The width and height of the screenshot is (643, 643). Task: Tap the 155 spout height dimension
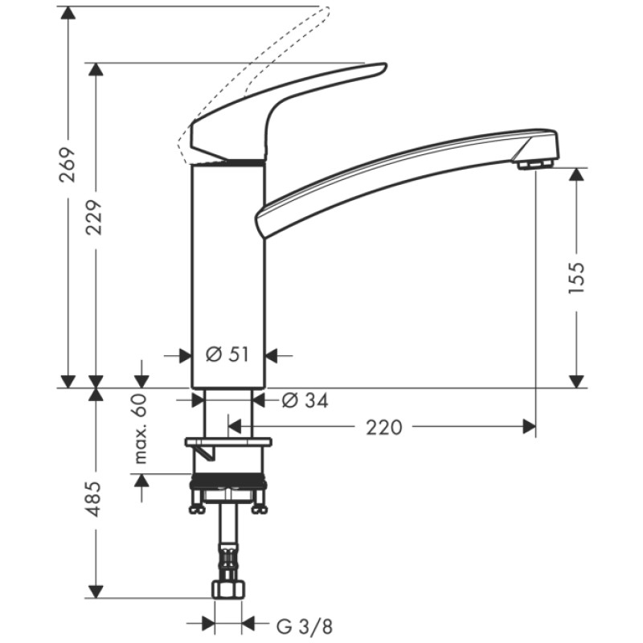coord(576,277)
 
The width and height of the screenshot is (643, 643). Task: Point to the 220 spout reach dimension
coord(383,428)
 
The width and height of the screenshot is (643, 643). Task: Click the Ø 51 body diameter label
coord(227,354)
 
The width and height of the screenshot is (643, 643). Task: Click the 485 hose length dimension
coord(96,499)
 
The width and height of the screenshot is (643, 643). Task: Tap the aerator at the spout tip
coord(534,164)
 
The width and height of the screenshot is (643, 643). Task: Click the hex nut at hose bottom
coord(228,589)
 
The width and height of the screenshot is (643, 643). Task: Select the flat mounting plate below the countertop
coord(228,442)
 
